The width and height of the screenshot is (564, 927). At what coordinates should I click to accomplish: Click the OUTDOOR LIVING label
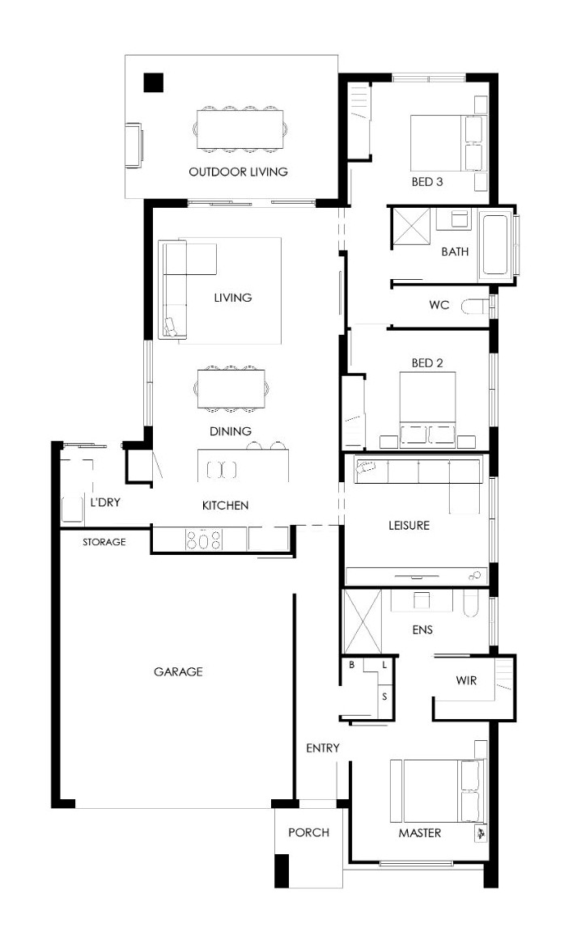[238, 172]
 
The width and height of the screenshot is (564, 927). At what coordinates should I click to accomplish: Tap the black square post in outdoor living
[154, 83]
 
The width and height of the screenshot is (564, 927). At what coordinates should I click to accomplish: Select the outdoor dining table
[240, 129]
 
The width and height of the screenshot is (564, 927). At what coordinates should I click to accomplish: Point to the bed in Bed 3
[447, 142]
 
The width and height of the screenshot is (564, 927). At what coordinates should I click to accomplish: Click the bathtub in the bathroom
[495, 245]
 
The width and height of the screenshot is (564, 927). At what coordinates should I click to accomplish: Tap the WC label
[439, 306]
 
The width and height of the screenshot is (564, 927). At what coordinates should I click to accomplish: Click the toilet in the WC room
[475, 307]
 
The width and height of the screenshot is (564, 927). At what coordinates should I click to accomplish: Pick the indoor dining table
[231, 388]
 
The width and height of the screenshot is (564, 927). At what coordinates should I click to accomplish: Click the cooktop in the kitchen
[204, 540]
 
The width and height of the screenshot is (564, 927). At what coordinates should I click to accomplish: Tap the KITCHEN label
[225, 506]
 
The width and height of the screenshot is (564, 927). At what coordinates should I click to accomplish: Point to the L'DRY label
[105, 502]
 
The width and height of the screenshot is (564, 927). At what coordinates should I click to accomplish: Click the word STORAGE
[104, 541]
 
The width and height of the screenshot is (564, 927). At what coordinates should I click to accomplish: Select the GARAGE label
[178, 671]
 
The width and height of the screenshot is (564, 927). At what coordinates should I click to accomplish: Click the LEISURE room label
[409, 525]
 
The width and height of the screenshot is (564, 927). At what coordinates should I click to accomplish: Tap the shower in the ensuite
[363, 620]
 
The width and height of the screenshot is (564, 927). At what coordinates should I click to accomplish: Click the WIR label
[466, 680]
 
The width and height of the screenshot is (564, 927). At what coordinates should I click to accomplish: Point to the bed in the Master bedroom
[436, 790]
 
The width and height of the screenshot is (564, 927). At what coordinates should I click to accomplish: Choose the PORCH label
[308, 832]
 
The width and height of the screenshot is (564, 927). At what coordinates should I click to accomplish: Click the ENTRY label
[323, 748]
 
